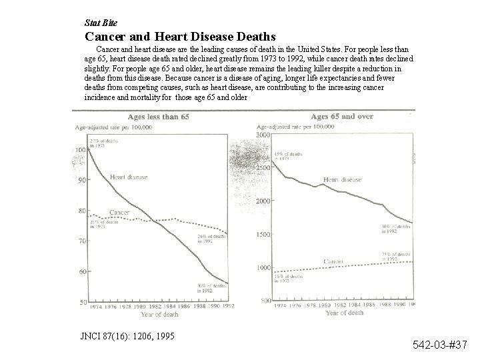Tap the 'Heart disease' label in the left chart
(129, 177)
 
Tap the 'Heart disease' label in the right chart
(342, 179)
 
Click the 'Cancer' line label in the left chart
(119, 213)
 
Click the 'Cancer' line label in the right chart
(334, 261)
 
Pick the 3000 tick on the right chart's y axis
(265, 135)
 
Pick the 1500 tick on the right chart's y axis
(265, 234)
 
